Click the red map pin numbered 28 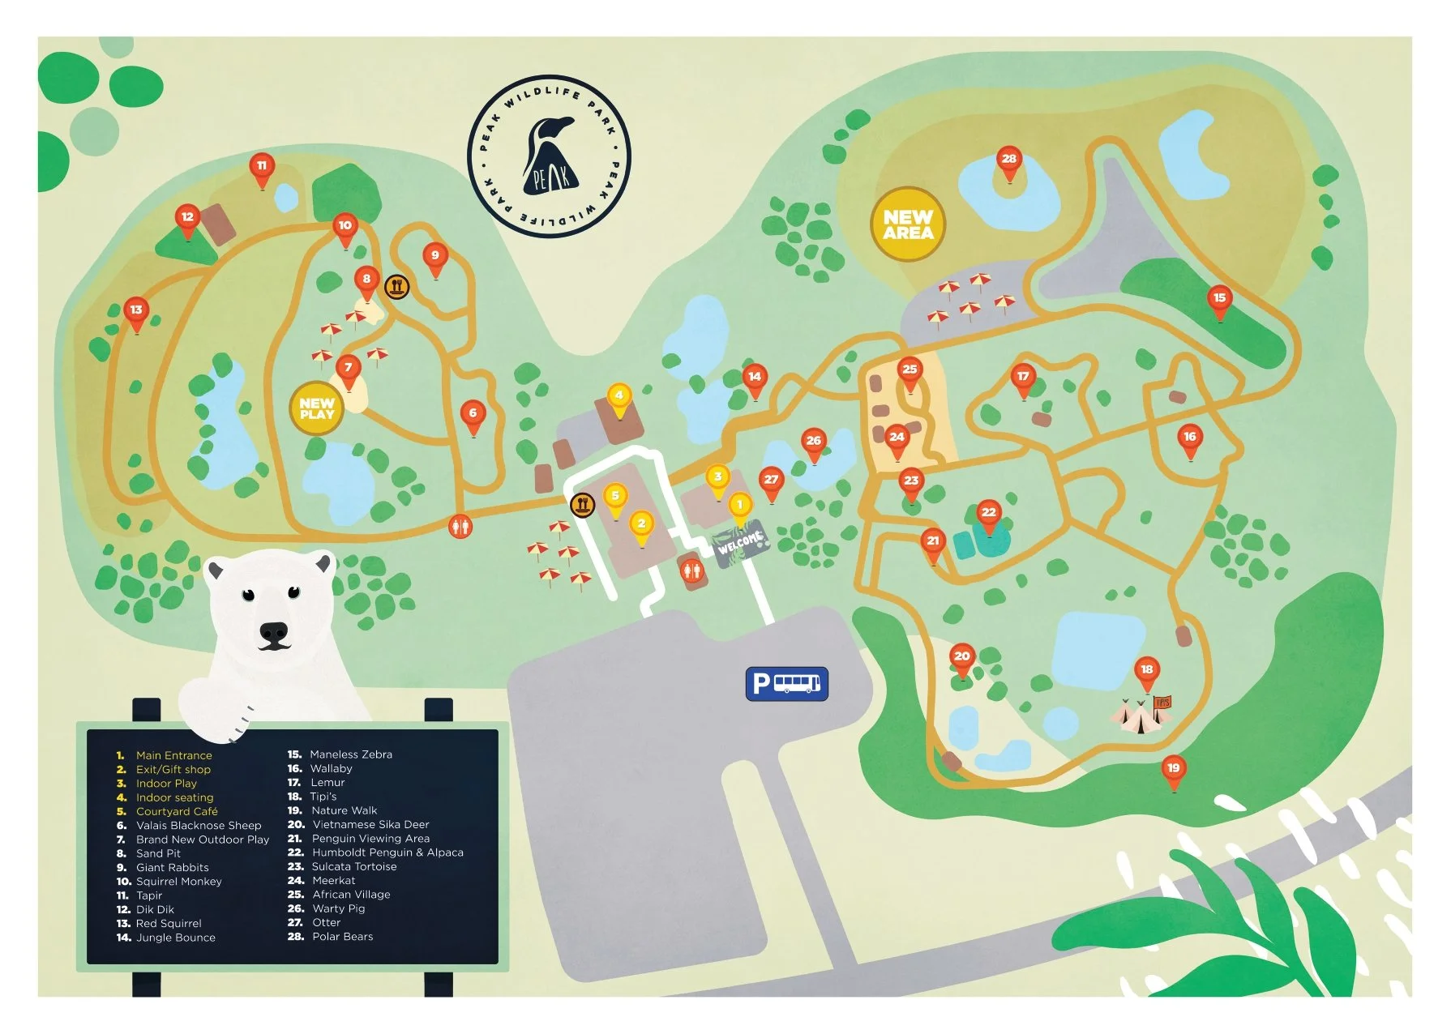(x=1008, y=160)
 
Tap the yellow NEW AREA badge (x=908, y=224)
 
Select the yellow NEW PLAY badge (x=316, y=408)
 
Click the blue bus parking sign (x=786, y=684)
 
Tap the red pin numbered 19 (x=1173, y=770)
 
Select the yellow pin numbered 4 (x=618, y=397)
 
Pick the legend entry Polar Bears (x=342, y=937)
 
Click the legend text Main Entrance (x=173, y=755)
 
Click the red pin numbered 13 (x=136, y=311)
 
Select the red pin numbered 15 (x=1219, y=299)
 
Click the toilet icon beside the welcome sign (x=690, y=570)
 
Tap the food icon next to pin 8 (x=396, y=286)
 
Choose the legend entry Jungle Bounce (x=175, y=938)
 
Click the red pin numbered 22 (x=988, y=514)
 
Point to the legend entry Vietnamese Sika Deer (x=370, y=824)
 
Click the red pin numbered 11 (x=261, y=168)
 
